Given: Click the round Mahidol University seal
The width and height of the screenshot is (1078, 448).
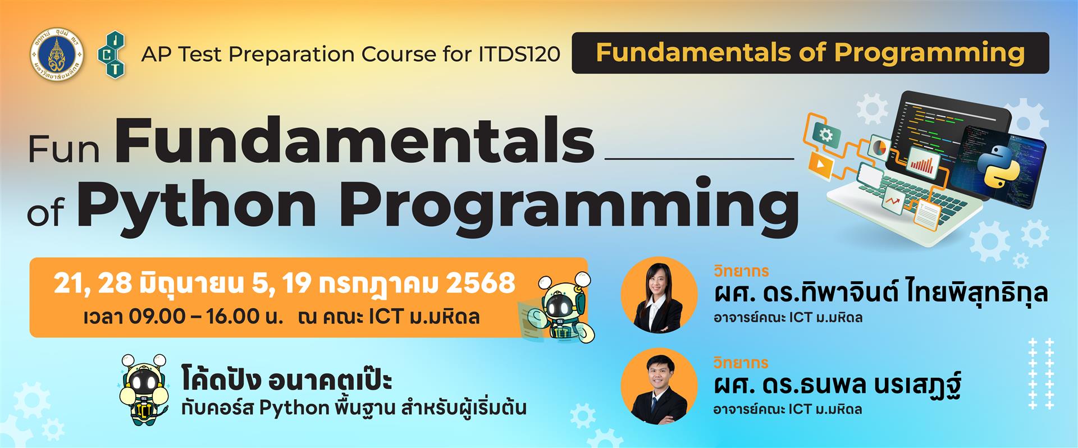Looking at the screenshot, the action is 56,53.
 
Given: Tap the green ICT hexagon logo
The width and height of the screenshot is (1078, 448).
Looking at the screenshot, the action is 112,54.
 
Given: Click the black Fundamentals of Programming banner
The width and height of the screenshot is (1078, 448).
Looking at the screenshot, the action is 810,53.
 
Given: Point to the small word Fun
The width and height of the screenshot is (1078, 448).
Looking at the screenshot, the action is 64,149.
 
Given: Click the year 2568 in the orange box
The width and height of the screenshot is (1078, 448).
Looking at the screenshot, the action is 481,284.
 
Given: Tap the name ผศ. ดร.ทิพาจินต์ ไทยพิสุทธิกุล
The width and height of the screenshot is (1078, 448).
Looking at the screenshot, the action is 880,294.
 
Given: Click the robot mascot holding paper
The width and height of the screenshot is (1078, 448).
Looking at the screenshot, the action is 556,308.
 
